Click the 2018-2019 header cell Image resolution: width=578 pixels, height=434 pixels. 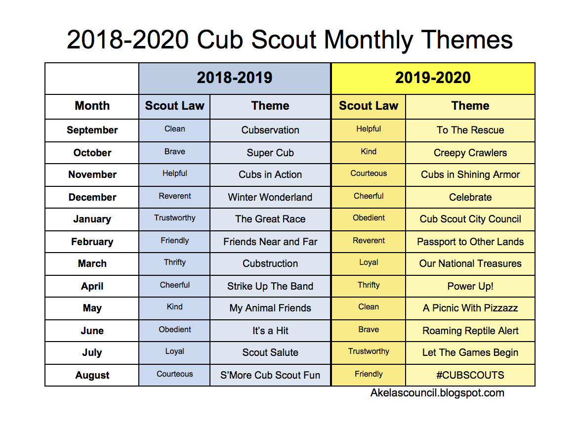click(x=235, y=78)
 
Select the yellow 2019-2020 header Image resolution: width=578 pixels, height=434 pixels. click(x=433, y=78)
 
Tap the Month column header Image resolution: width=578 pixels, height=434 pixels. click(x=92, y=106)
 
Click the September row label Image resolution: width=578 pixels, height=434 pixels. click(x=92, y=130)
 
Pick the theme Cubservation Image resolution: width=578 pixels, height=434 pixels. click(x=270, y=130)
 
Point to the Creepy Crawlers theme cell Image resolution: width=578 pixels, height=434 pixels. click(x=470, y=153)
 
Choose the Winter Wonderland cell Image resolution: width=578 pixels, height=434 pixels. click(x=270, y=197)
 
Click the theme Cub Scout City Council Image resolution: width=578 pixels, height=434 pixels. click(x=470, y=219)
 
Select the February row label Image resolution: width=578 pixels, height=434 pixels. click(x=92, y=242)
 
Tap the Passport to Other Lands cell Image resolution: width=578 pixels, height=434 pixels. click(x=470, y=242)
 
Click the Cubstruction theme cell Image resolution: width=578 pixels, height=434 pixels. click(x=270, y=263)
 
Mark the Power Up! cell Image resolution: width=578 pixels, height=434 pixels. click(x=470, y=286)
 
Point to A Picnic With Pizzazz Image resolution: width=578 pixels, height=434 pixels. click(x=470, y=308)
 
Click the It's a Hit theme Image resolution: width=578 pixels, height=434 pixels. click(x=270, y=331)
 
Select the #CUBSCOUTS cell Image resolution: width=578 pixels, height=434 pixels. click(x=470, y=375)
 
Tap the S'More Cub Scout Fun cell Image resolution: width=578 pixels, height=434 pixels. click(x=270, y=375)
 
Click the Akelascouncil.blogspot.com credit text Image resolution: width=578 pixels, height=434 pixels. click(x=437, y=393)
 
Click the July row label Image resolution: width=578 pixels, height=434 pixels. click(x=92, y=353)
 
